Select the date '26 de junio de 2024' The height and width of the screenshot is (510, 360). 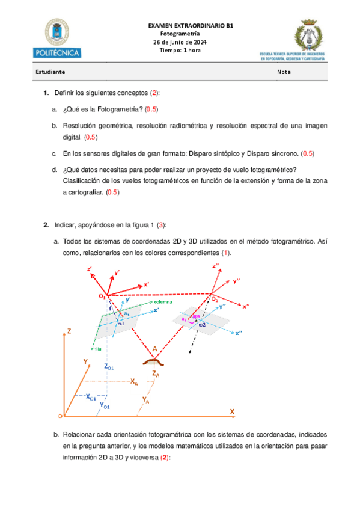(180, 42)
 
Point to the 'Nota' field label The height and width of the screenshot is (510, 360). (284, 72)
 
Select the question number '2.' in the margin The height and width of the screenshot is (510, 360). (46, 225)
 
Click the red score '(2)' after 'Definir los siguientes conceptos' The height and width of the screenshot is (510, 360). (154, 93)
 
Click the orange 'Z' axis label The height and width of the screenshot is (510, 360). (70, 330)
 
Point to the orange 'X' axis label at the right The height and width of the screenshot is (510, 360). (231, 411)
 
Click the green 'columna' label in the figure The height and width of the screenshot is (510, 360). (164, 301)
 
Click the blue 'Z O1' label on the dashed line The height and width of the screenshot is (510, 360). (109, 366)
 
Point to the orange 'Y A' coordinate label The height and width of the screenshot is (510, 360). (146, 399)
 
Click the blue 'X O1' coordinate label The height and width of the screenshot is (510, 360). (91, 397)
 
